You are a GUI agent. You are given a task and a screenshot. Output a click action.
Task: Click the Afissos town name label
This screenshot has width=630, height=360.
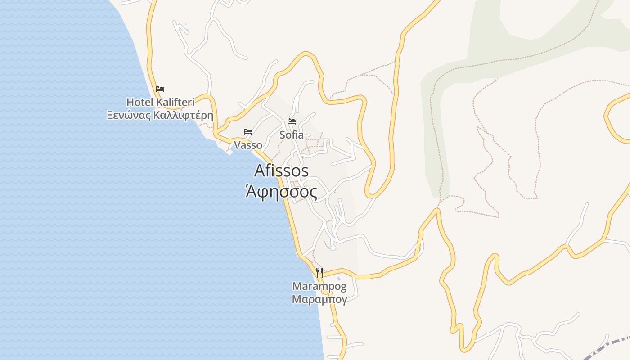click(x=281, y=171)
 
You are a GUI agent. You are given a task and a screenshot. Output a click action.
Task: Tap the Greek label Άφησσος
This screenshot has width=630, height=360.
click(x=281, y=192)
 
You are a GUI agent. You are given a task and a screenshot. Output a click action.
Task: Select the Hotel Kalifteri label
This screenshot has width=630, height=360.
click(x=160, y=102)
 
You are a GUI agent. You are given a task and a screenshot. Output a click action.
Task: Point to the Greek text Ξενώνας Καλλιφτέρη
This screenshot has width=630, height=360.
click(x=160, y=115)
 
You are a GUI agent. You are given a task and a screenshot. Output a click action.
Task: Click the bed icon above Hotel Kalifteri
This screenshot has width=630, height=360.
click(x=160, y=89)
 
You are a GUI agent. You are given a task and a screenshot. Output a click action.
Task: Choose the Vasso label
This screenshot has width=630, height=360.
click(x=248, y=145)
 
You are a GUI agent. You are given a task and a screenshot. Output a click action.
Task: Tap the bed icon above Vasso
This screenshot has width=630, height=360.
click(x=248, y=132)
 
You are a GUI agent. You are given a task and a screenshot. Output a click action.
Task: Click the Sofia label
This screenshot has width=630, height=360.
click(x=292, y=135)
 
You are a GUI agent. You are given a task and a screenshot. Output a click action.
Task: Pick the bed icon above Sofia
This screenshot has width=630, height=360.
click(x=292, y=121)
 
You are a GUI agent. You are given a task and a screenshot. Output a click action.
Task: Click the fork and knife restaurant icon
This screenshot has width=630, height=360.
click(x=319, y=272)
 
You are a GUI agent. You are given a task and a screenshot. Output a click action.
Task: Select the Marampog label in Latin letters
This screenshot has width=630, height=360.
click(x=319, y=286)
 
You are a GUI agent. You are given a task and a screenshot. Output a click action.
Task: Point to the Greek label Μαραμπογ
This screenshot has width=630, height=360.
click(x=319, y=299)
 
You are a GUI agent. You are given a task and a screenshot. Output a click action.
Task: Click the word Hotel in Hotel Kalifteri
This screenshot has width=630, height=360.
click(x=140, y=102)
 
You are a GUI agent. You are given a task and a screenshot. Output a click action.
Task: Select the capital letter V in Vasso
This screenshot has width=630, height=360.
click(x=237, y=145)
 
